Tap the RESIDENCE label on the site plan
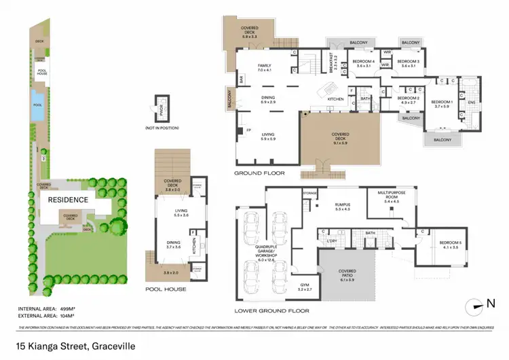click(68, 200)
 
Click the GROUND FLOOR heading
click(259, 174)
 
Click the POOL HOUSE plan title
click(166, 289)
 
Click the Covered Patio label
click(347, 275)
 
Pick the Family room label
click(264, 67)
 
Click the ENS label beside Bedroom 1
click(470, 103)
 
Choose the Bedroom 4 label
click(364, 61)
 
